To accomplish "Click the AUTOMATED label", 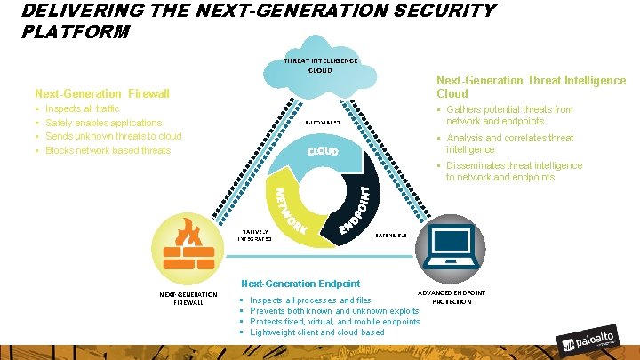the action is [324, 123].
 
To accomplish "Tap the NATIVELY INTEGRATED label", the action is [256, 236].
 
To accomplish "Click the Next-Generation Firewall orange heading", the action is [101, 93].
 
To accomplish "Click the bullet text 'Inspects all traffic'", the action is [82, 108].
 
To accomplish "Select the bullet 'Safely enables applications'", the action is [103, 123].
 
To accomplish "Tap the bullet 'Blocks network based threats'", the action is [108, 150].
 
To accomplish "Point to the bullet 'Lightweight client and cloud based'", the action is [317, 332].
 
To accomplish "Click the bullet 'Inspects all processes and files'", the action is [311, 300].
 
